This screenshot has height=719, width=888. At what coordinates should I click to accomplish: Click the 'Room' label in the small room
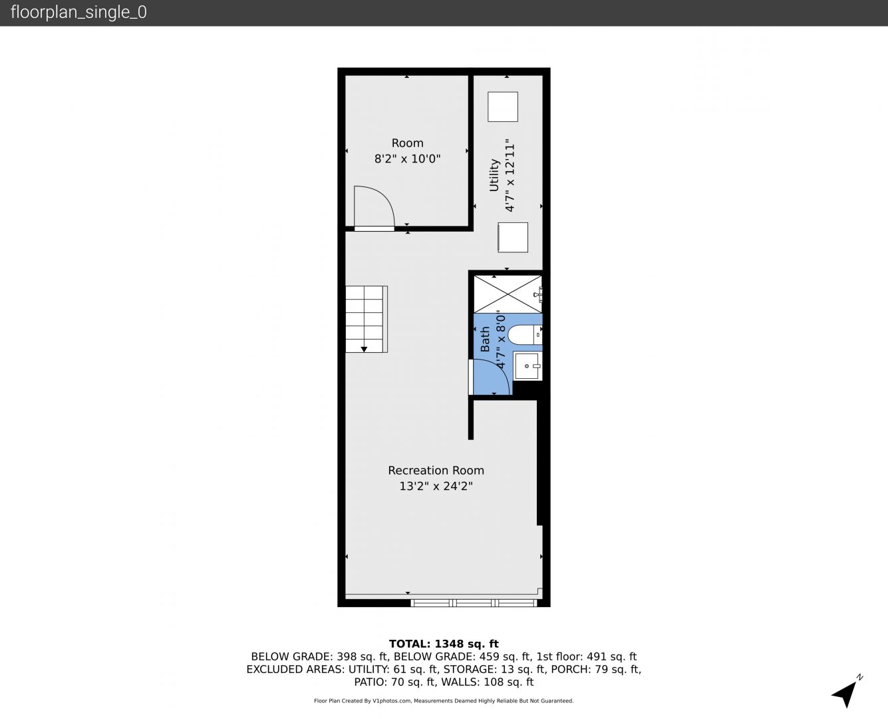[407, 143]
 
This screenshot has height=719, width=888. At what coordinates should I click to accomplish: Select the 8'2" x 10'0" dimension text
[407, 159]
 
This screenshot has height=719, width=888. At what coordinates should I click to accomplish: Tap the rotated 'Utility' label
[494, 175]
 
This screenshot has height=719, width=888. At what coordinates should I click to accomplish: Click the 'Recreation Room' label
[436, 470]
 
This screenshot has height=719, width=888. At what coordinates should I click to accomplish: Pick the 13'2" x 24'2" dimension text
[436, 486]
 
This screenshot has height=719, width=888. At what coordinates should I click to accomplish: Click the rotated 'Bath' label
[485, 340]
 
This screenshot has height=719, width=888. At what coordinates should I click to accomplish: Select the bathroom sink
[527, 366]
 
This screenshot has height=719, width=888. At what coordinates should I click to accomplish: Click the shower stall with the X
[508, 294]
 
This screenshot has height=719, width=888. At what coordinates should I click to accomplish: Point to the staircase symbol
[367, 320]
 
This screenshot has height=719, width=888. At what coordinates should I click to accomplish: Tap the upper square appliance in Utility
[503, 107]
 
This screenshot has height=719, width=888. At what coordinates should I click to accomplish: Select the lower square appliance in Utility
[513, 238]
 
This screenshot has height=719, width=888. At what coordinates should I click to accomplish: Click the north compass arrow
[846, 693]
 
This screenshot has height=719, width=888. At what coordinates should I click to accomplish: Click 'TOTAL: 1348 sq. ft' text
[444, 644]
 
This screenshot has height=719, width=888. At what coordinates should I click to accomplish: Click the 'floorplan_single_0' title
[78, 13]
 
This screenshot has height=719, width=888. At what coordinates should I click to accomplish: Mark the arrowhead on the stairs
[364, 350]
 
